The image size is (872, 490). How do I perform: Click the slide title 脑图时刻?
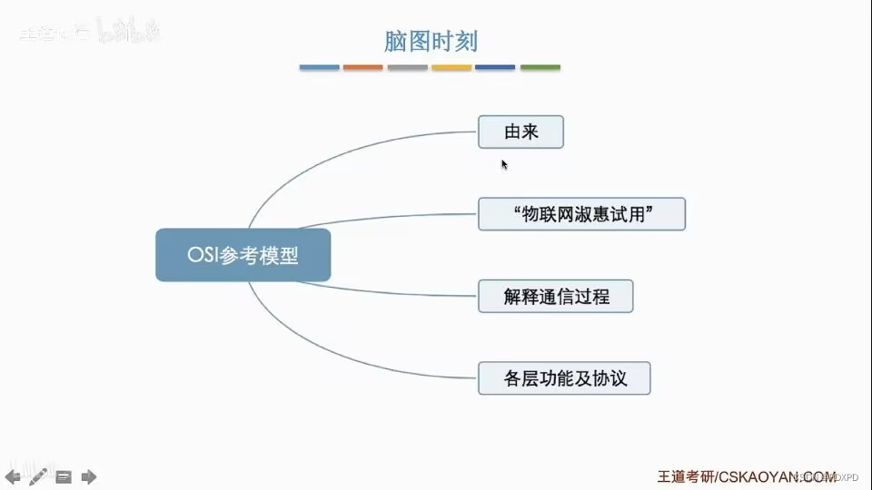point(431,41)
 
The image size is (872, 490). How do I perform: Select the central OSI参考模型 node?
point(243,256)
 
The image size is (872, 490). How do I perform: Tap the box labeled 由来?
point(520,132)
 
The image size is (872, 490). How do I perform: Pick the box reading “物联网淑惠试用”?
point(581,214)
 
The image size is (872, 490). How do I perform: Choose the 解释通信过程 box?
point(555,297)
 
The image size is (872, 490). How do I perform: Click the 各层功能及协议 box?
point(564,377)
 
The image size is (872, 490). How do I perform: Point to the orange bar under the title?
point(362,67)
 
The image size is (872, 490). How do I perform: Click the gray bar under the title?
point(407,67)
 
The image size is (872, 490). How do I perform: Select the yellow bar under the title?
point(451,67)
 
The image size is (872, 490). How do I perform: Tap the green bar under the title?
point(540,67)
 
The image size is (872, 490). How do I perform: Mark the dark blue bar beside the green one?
point(495,67)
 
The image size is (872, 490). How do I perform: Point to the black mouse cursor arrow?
point(504,164)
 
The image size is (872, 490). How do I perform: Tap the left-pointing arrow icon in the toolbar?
point(14,476)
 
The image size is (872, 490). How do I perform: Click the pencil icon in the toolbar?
point(38,475)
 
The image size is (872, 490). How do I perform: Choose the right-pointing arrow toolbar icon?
point(89,476)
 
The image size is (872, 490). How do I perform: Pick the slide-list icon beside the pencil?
point(64,476)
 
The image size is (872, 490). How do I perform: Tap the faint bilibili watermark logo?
point(127,33)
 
